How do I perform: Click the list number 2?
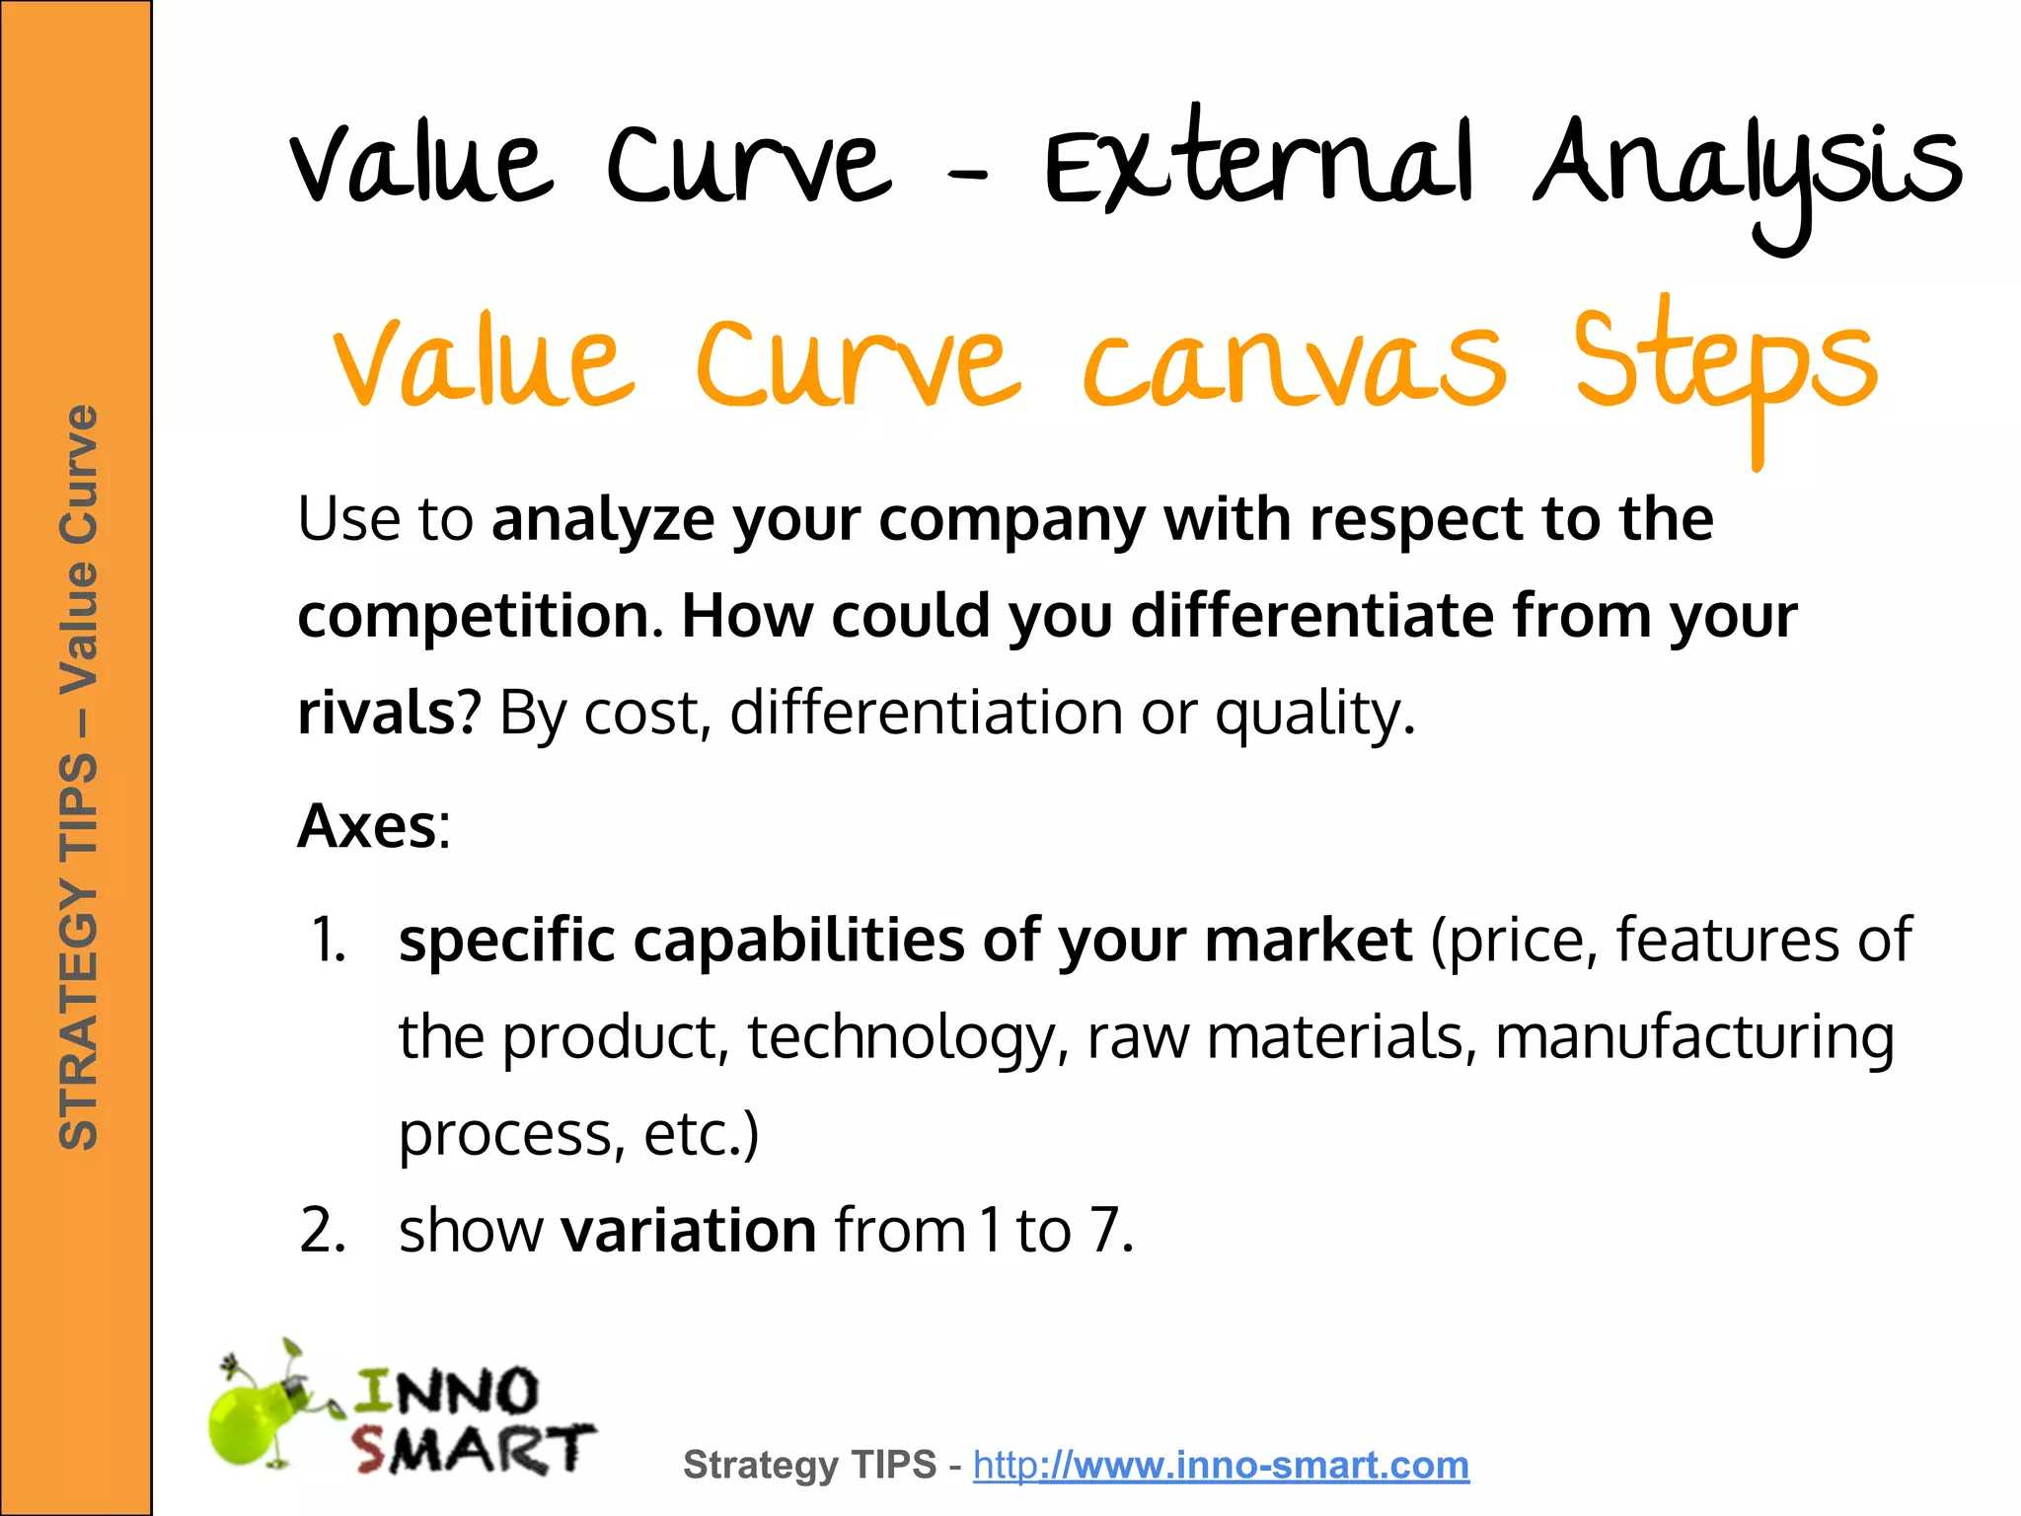(323, 1231)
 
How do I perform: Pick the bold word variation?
(688, 1231)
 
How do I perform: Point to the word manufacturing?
(1693, 1038)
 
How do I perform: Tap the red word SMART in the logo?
(473, 1449)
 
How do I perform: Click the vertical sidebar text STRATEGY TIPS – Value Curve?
(79, 778)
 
